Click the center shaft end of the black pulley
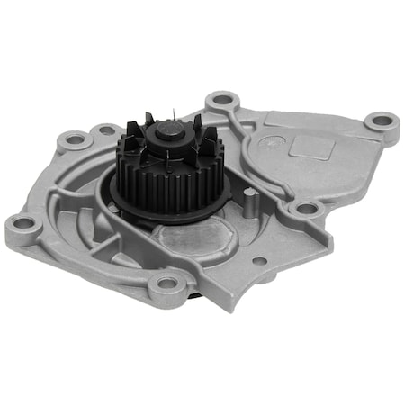pos(169,133)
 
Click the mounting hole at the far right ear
pos(382,120)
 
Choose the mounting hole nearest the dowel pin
pos(307,209)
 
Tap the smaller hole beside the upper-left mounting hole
pos(107,130)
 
